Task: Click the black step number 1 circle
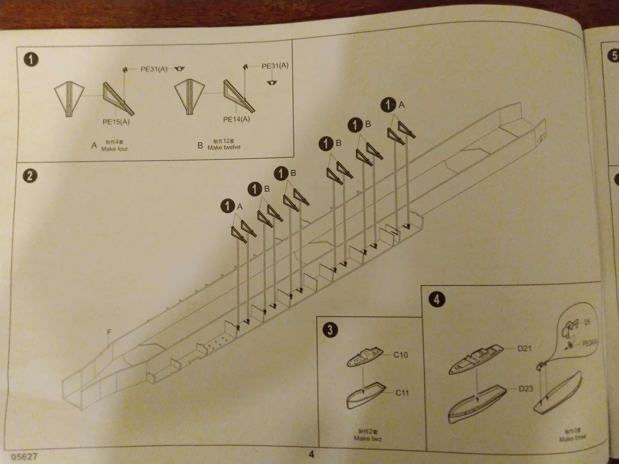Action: tap(31, 60)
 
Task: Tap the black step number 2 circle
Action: tap(30, 176)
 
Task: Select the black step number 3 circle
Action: tap(330, 330)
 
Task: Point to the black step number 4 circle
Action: tap(437, 299)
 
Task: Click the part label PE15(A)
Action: tap(116, 122)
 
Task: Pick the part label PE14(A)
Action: tap(236, 119)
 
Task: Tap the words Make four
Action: tap(114, 149)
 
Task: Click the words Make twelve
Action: tap(224, 147)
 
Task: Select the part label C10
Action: tap(401, 355)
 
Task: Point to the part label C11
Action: tap(402, 393)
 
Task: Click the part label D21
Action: tap(524, 348)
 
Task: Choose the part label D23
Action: tap(526, 388)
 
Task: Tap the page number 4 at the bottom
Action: tap(311, 454)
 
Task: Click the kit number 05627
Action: tap(24, 457)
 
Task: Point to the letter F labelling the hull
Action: tap(109, 332)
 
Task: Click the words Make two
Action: tap(368, 438)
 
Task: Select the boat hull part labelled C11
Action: tap(366, 396)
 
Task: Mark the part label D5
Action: tap(587, 322)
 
